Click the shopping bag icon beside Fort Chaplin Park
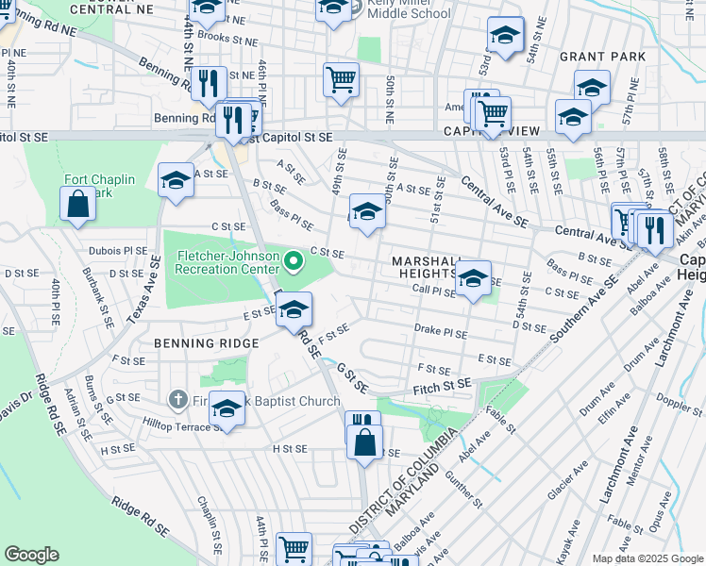[77, 203]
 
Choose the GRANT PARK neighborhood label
[602, 57]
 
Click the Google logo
[31, 555]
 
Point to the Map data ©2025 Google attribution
[647, 558]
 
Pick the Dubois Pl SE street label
[119, 251]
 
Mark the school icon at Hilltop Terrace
[227, 408]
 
